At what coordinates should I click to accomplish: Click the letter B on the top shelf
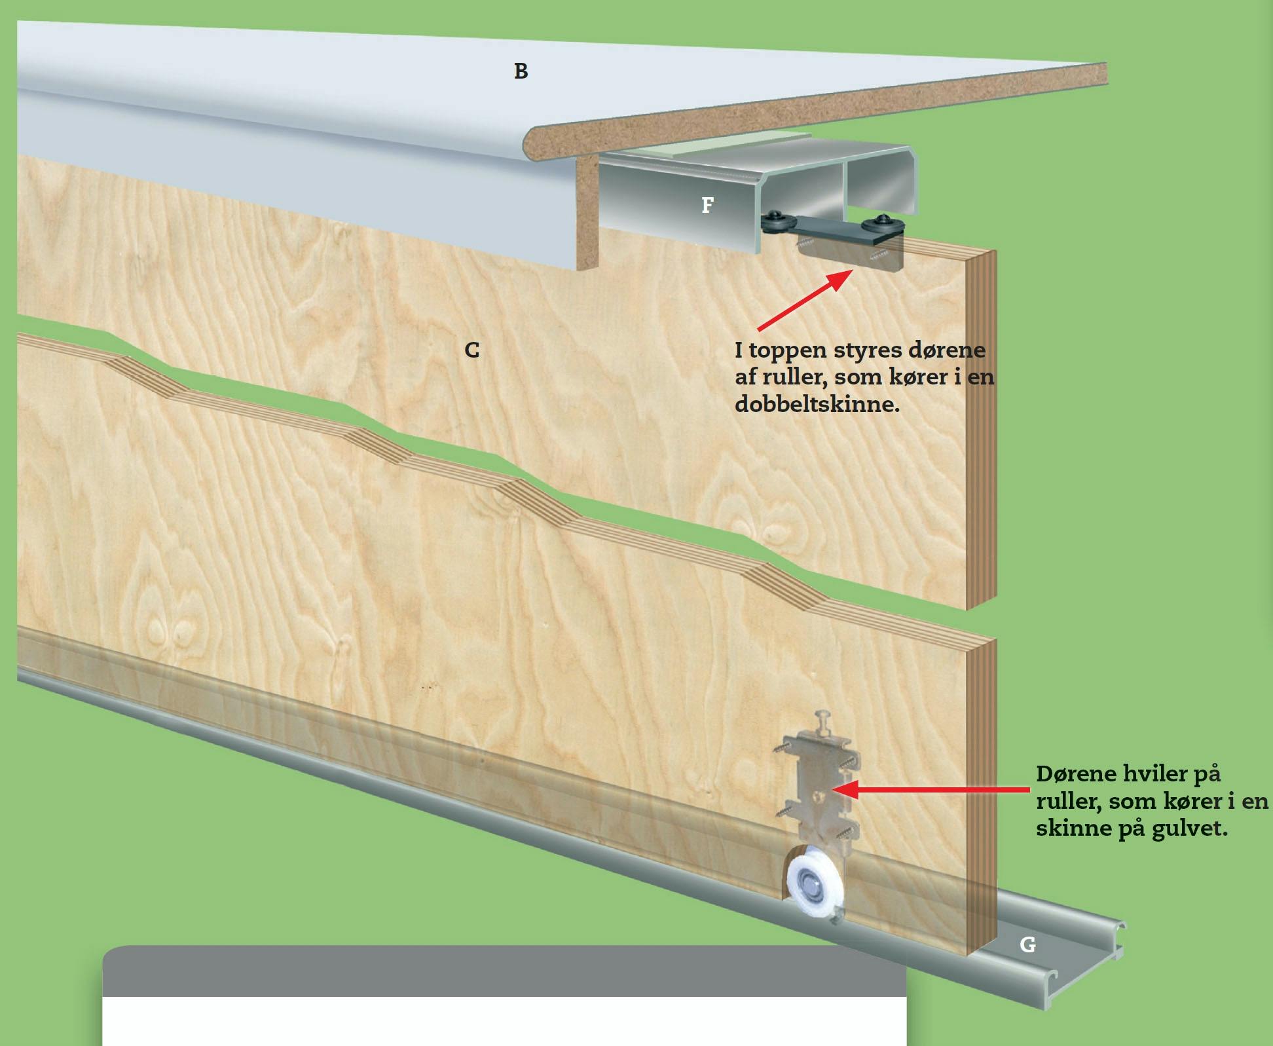tap(521, 71)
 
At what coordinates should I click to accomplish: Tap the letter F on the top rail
tap(707, 205)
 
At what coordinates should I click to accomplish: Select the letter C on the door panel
tap(471, 350)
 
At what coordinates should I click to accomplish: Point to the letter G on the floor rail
tap(1027, 944)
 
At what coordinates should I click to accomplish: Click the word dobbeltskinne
tap(817, 403)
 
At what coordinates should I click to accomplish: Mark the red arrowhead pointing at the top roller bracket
tap(839, 280)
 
